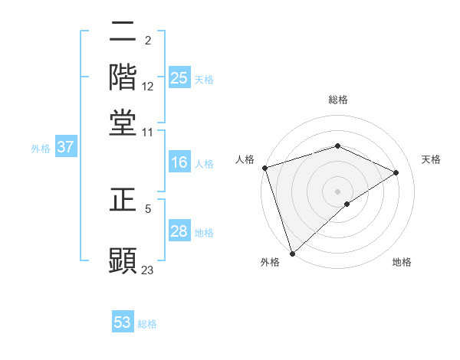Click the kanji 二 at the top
pos(123,32)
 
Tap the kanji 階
pos(123,77)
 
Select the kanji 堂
pos(123,122)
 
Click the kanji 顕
pos(123,259)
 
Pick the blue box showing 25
pos(179,78)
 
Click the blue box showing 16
pos(179,163)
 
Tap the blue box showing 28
pos(179,232)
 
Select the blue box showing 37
pos(65,148)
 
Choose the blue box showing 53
pos(123,322)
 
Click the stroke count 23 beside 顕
pos(148,270)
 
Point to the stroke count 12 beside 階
pos(148,87)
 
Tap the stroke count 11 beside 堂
pos(148,132)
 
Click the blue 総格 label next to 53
pos(147,324)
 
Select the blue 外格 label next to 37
pos(41,149)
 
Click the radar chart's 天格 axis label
pos(431,159)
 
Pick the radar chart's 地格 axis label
pos(402,263)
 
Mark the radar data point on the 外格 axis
pos(291,254)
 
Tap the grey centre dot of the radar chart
pos(337,191)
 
